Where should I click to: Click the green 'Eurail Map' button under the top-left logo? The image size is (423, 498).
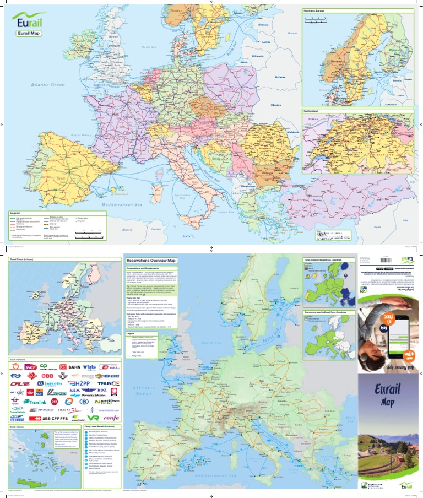coord(27,34)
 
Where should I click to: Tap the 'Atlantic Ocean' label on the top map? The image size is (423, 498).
coord(48,85)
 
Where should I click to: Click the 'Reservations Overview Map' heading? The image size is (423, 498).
coord(152,259)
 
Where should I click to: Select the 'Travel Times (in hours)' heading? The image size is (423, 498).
coord(25,258)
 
